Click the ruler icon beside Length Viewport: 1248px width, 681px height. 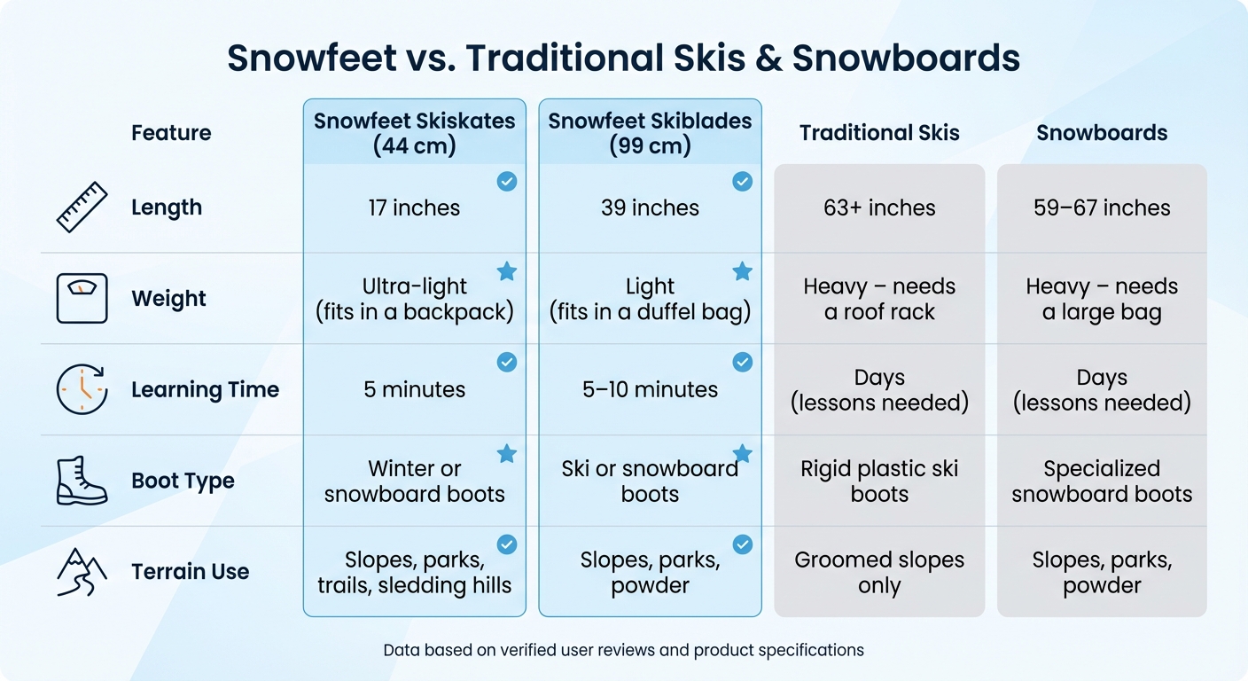click(x=82, y=207)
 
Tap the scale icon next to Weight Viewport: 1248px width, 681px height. click(x=82, y=298)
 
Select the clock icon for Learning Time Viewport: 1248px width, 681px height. click(x=82, y=389)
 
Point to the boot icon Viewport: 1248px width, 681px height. click(x=82, y=481)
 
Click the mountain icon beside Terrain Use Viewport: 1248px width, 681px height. click(x=82, y=572)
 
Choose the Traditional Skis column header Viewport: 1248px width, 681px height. click(x=879, y=133)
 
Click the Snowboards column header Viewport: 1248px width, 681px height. click(x=1102, y=133)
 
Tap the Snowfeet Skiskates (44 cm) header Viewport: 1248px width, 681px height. click(x=415, y=133)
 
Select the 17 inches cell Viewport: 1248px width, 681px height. click(x=415, y=208)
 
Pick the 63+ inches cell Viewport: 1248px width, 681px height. click(x=879, y=208)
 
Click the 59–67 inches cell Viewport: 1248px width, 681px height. click(x=1102, y=208)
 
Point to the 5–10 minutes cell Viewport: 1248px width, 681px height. click(x=650, y=389)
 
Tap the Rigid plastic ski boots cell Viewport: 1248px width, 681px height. click(x=879, y=481)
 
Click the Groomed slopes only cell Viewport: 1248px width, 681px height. click(x=879, y=572)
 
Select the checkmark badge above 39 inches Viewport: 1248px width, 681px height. click(x=742, y=182)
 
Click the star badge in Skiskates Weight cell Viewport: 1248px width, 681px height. click(x=507, y=271)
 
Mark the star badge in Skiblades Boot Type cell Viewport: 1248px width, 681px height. click(x=742, y=454)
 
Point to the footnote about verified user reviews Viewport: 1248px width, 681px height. click(x=623, y=650)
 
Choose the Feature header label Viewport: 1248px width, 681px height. click(x=171, y=133)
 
